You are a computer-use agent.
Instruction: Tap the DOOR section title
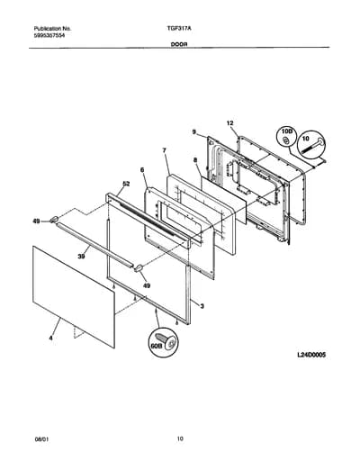(x=179, y=44)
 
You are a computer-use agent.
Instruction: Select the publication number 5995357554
(x=50, y=35)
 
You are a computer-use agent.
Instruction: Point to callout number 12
(x=229, y=123)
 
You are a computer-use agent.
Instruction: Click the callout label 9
(x=193, y=131)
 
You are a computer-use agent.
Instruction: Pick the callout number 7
(x=164, y=150)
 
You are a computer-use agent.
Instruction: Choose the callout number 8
(x=195, y=160)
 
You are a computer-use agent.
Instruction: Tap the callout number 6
(x=142, y=170)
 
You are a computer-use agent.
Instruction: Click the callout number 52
(x=126, y=184)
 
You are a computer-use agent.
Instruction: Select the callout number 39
(x=81, y=256)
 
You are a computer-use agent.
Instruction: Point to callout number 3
(x=202, y=306)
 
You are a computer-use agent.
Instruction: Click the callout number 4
(x=51, y=338)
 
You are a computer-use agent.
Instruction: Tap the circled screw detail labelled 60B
(x=164, y=342)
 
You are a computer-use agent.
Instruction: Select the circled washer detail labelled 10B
(x=286, y=138)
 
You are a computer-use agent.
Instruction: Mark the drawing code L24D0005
(x=311, y=355)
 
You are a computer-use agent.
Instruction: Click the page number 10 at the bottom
(x=180, y=438)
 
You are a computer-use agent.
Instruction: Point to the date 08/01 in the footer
(x=41, y=439)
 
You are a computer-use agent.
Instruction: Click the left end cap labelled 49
(x=54, y=220)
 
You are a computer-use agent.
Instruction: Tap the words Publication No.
(x=52, y=29)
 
